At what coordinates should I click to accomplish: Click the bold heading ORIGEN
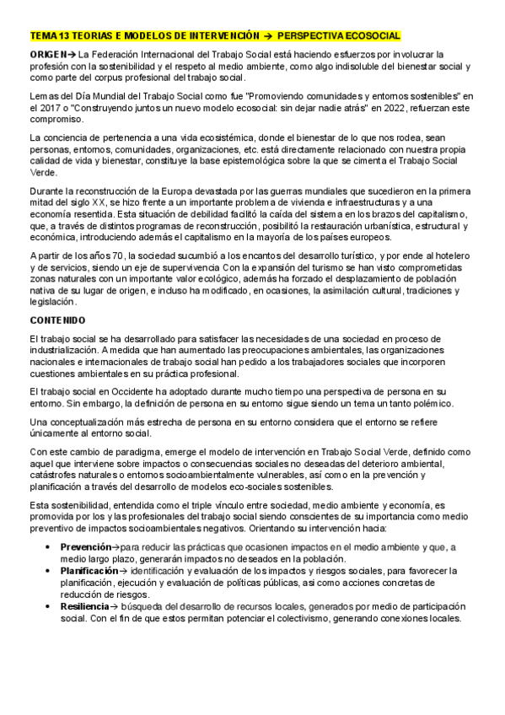click(47, 54)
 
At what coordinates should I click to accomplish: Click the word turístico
click(352, 255)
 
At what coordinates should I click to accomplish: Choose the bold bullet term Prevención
click(88, 546)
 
